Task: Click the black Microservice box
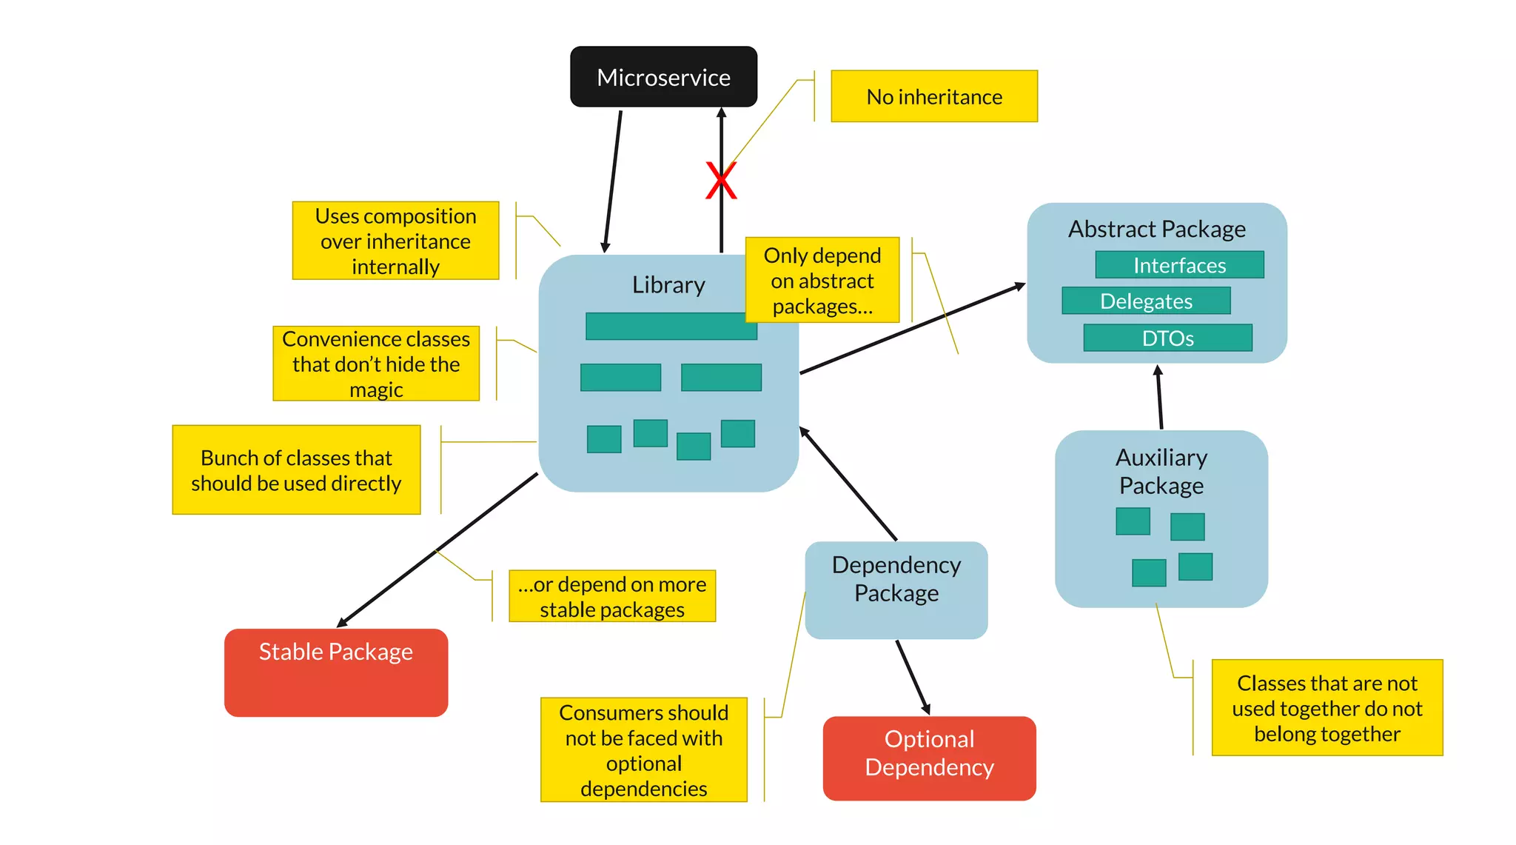(x=663, y=77)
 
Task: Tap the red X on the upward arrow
(x=720, y=181)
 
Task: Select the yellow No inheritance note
(x=933, y=96)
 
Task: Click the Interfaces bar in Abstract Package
(x=1178, y=265)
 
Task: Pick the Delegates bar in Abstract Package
(x=1145, y=301)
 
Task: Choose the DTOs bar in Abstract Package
(x=1167, y=338)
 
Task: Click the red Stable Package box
(x=335, y=672)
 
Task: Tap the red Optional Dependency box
(x=928, y=758)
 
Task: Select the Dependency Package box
(x=896, y=590)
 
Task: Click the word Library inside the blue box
(x=668, y=285)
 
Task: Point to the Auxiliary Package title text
(x=1161, y=471)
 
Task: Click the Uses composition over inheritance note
(x=395, y=241)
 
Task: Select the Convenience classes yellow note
(x=376, y=364)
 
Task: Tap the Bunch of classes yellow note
(x=296, y=470)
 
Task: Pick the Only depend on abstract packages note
(x=822, y=280)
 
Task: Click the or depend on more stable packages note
(x=611, y=596)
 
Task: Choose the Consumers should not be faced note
(x=643, y=749)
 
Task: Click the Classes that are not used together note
(x=1326, y=707)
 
